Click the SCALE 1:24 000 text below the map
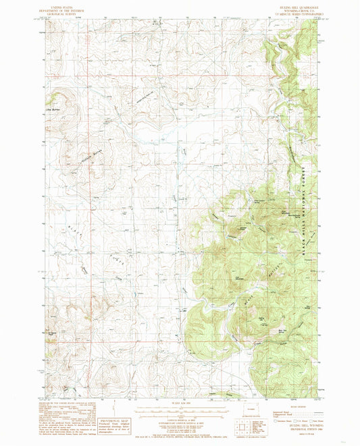[x=179, y=403]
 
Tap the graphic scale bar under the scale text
[x=179, y=409]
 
